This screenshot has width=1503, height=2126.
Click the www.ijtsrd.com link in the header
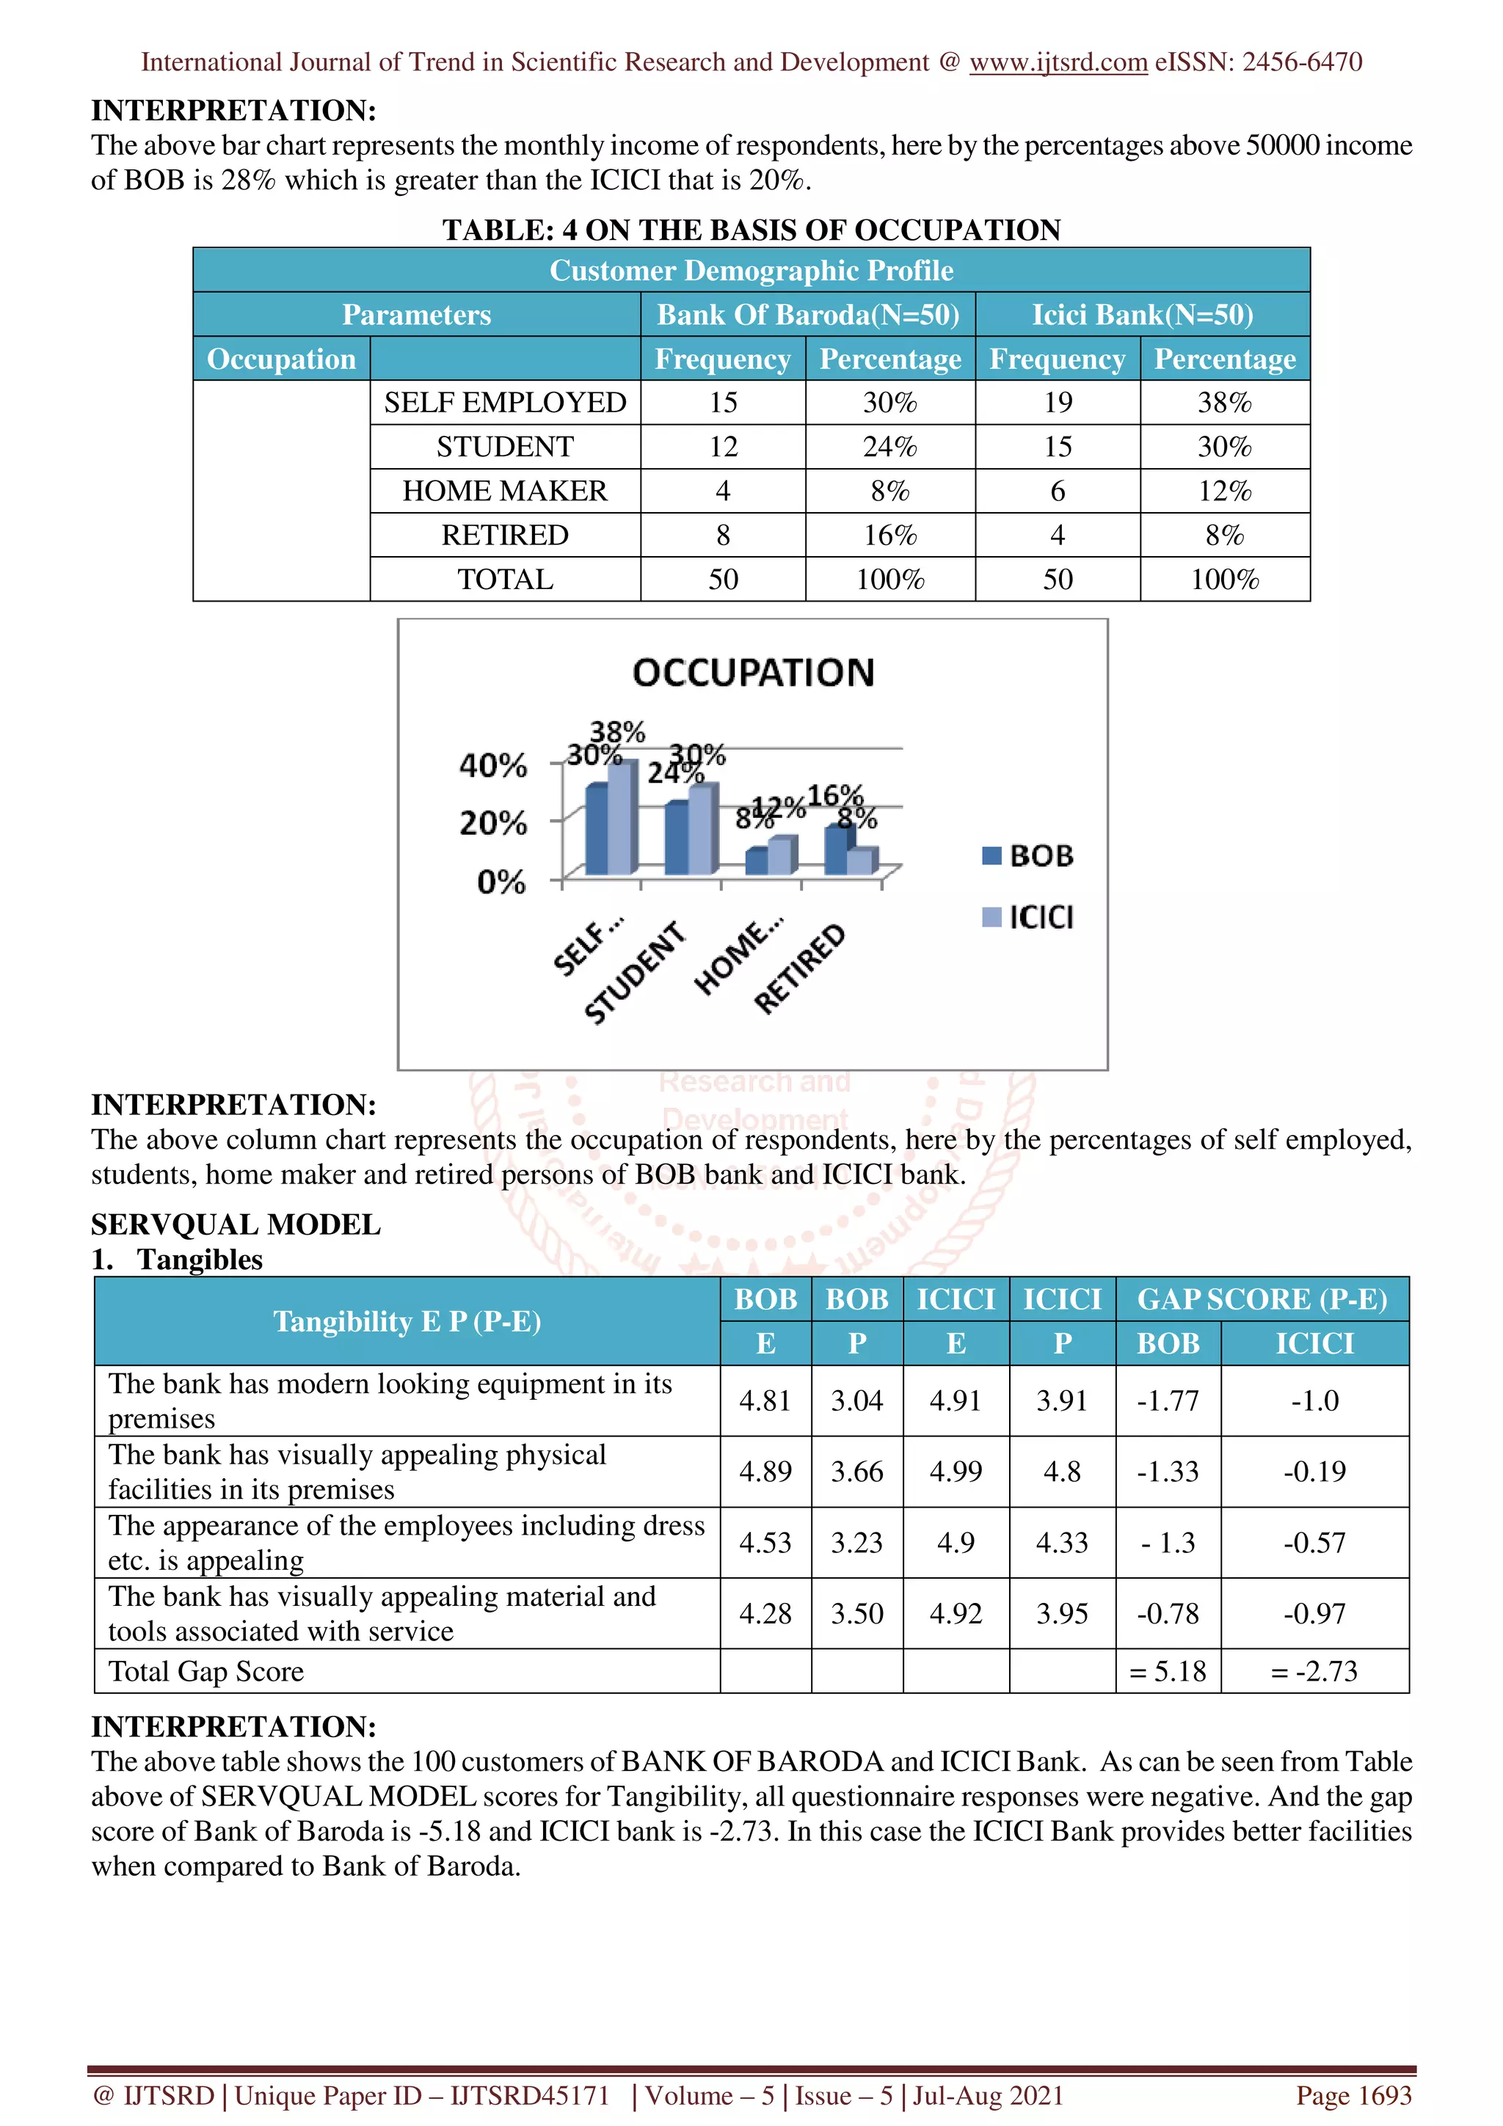pos(1058,62)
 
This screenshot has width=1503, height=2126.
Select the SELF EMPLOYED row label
pos(505,403)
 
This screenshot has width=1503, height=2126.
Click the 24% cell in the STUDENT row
pos(889,448)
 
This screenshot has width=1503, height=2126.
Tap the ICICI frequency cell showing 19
pos(1057,403)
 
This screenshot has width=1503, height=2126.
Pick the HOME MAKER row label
pos(505,491)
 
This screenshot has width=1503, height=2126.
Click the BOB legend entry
pos(1028,855)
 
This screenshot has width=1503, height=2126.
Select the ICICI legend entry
pos(1028,918)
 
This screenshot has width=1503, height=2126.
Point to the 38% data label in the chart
pos(618,731)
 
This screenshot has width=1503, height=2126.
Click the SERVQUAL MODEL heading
pos(236,1224)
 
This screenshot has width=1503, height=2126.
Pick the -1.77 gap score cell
pos(1167,1401)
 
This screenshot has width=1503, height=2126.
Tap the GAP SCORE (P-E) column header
pos(1262,1299)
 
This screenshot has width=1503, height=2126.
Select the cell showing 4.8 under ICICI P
pos(1061,1472)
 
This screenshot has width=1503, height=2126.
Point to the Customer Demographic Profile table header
pos(751,271)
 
